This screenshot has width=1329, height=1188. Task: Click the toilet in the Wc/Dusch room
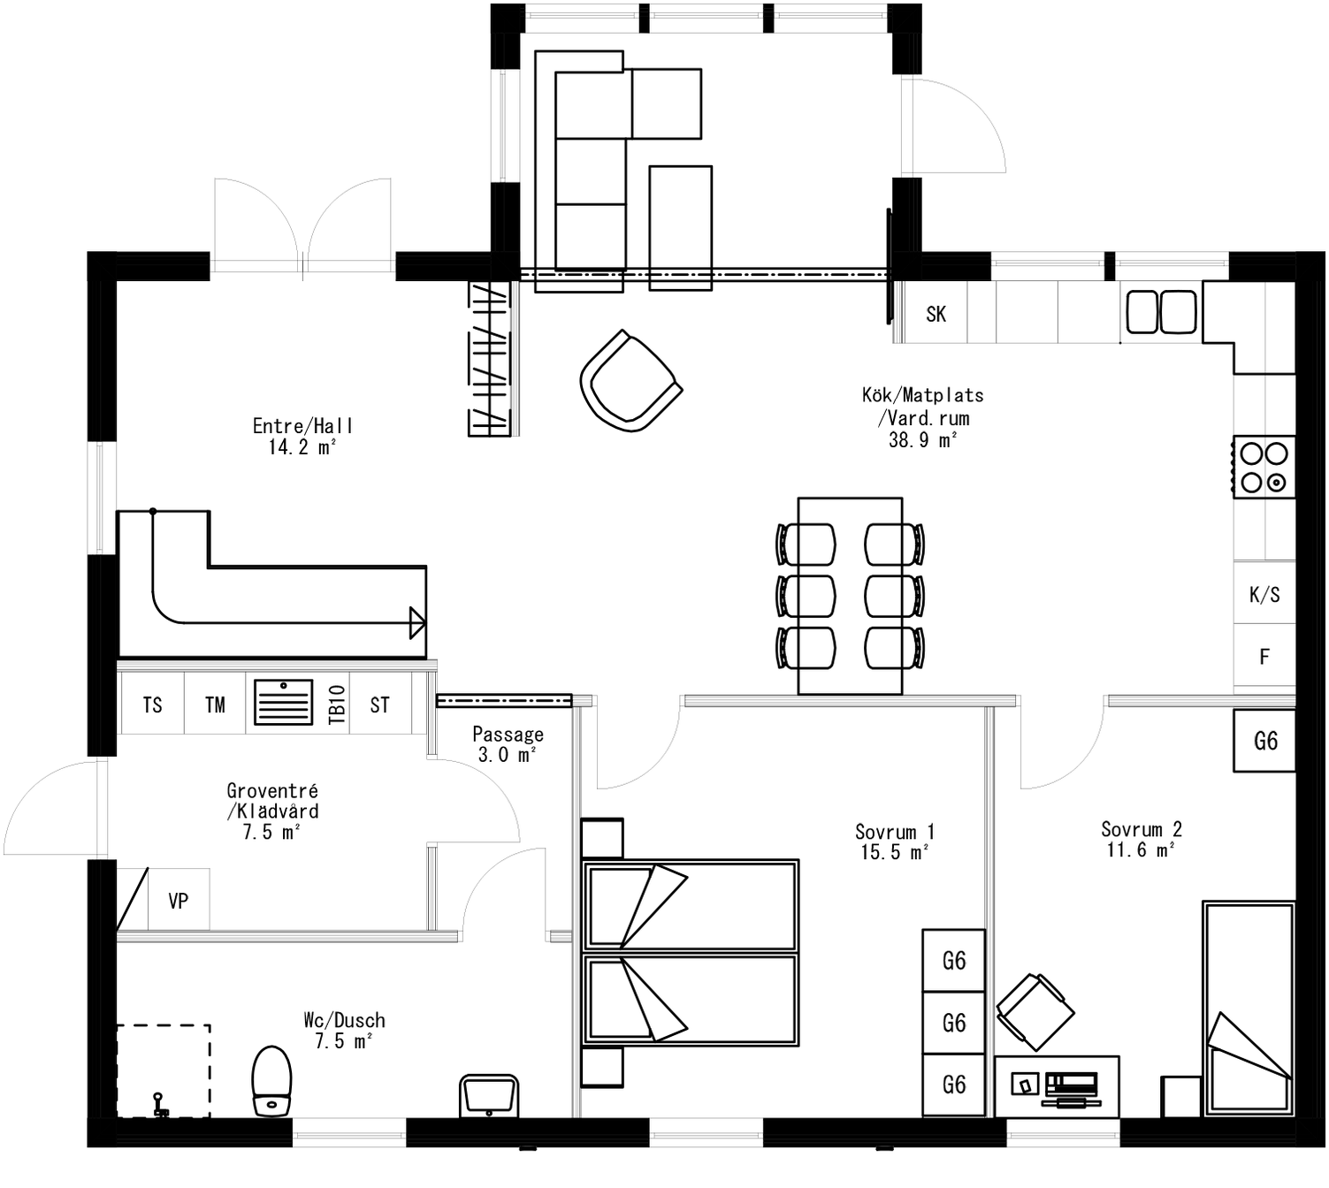click(x=271, y=1080)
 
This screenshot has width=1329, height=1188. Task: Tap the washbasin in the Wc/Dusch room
click(x=489, y=1096)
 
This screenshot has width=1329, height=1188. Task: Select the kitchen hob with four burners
click(x=1264, y=468)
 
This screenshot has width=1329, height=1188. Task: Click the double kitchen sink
click(x=1161, y=312)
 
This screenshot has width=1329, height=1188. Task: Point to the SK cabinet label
click(x=936, y=314)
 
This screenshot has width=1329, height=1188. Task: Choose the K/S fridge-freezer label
click(x=1264, y=595)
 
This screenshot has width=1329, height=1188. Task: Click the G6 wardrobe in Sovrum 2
click(x=1265, y=741)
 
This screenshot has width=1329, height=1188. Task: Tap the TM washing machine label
click(x=215, y=704)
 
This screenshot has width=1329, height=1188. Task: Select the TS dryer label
click(x=152, y=704)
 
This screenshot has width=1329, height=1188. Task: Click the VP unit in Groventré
click(x=178, y=901)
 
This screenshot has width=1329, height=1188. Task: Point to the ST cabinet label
click(x=379, y=704)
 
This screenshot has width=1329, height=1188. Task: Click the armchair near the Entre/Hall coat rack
click(x=630, y=382)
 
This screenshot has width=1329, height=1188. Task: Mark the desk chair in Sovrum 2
click(x=1035, y=1012)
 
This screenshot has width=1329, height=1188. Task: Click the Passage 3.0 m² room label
click(x=508, y=744)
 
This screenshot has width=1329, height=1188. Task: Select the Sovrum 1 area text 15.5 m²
click(x=894, y=852)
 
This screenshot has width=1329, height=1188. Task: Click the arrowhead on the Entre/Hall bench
click(x=416, y=622)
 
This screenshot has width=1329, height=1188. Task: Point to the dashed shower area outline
click(x=164, y=1070)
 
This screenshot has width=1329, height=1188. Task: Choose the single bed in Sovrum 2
click(x=1249, y=1008)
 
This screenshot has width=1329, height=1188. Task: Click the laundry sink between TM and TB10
click(x=283, y=702)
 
